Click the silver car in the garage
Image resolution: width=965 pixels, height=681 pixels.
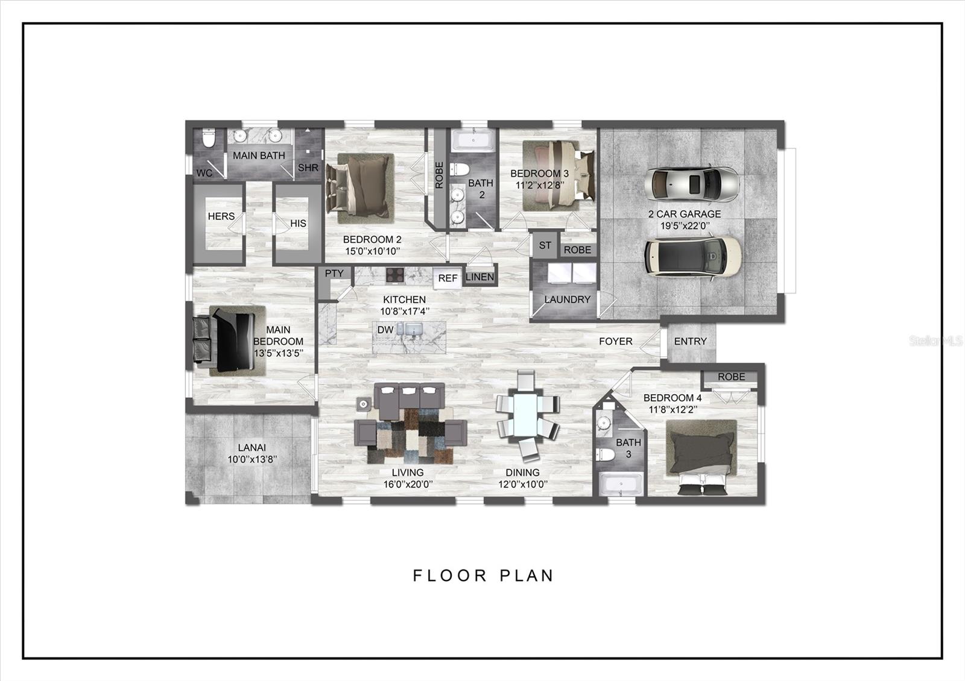click(692, 184)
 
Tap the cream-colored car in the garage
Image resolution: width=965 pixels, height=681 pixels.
click(693, 257)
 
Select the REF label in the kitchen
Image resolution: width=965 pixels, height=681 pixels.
click(448, 278)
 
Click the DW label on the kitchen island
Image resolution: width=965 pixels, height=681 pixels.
click(385, 330)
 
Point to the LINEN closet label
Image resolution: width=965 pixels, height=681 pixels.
click(479, 277)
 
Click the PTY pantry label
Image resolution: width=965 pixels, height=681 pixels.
click(334, 274)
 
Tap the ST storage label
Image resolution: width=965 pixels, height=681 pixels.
click(545, 245)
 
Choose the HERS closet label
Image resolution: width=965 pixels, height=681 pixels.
click(221, 216)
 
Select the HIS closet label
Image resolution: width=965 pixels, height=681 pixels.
click(298, 224)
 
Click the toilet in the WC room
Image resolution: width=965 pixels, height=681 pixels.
click(209, 138)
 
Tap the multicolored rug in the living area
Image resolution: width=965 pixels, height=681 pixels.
click(410, 436)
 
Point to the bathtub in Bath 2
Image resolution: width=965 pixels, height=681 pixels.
click(473, 140)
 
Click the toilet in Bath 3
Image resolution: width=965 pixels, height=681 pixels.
click(606, 454)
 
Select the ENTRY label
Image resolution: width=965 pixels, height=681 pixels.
click(690, 341)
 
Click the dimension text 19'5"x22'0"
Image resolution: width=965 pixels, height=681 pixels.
click(685, 226)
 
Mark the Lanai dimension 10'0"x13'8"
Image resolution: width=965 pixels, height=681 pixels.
click(252, 460)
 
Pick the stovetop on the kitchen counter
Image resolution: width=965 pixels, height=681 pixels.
click(394, 275)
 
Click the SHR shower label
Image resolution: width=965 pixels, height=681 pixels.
click(308, 168)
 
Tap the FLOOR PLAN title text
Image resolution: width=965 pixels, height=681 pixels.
click(483, 576)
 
